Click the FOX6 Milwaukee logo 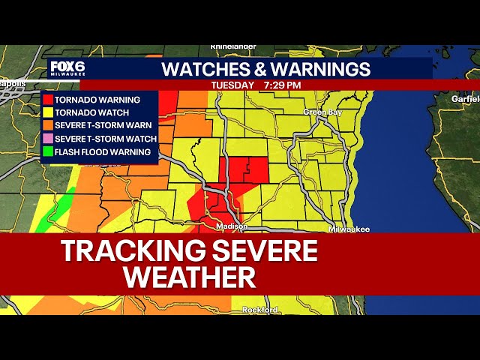(68, 68)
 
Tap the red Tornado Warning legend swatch (48, 99)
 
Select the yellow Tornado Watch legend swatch (48, 112)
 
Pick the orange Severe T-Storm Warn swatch (48, 125)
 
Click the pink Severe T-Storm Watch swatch (48, 139)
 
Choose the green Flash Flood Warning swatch (48, 151)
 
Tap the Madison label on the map (231, 226)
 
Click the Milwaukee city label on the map (349, 228)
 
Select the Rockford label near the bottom (260, 310)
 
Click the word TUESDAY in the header (232, 85)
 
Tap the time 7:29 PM (282, 85)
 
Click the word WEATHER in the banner (190, 277)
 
